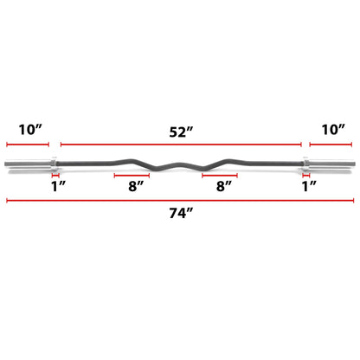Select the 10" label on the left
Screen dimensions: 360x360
point(28,129)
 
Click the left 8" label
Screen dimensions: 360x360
point(132,185)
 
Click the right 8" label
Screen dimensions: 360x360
point(220,185)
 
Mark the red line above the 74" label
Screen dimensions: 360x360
point(180,202)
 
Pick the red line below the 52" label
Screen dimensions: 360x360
point(180,145)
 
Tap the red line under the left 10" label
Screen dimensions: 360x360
point(28,145)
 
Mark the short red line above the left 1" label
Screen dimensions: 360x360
point(54,172)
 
